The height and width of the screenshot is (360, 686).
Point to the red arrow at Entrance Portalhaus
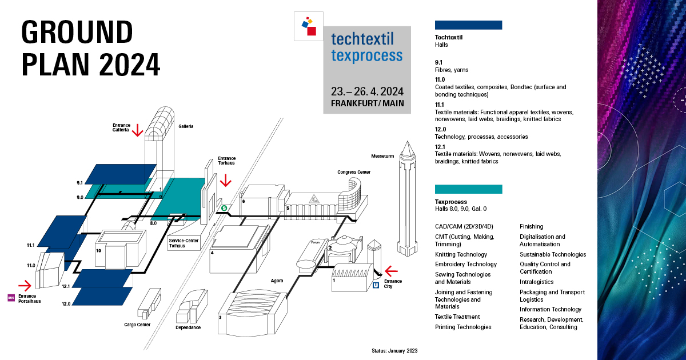pos(25,285)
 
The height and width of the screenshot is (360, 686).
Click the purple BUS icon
pos(11,297)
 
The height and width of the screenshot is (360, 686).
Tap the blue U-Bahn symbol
pos(376,285)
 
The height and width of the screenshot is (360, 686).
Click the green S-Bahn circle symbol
pos(225,209)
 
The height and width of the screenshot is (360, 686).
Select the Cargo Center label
pos(137,325)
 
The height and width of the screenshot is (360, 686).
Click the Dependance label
pos(188,327)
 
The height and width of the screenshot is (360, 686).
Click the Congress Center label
pos(353,172)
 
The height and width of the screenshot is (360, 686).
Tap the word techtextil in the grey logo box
pos(366,38)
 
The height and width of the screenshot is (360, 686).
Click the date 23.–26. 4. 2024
pos(367,91)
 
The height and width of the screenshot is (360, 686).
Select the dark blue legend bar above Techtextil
pos(468,25)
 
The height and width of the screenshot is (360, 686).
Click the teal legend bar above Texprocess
pos(468,189)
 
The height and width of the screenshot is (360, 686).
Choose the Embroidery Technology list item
pos(465,264)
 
